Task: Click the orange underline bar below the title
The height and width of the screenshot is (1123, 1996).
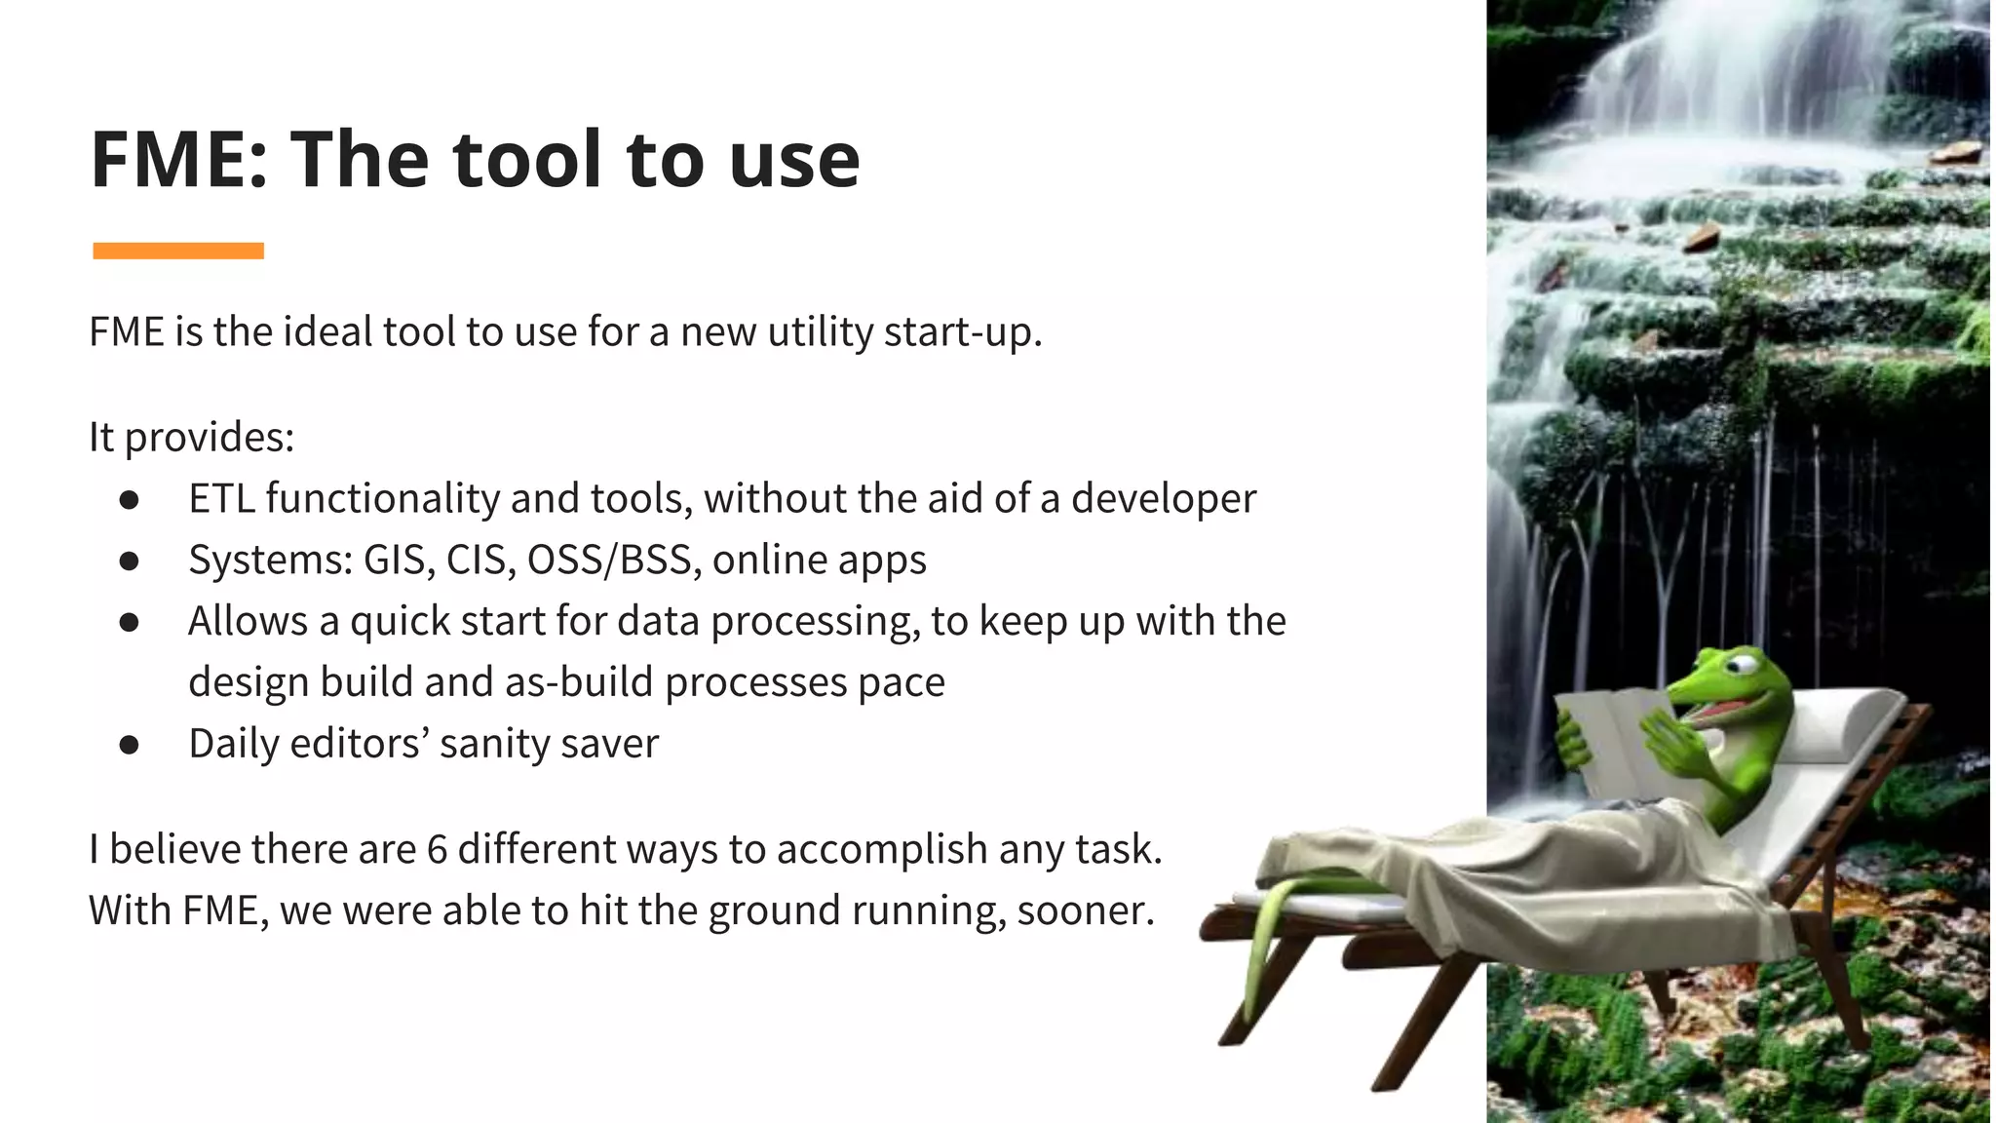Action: pyautogui.click(x=178, y=252)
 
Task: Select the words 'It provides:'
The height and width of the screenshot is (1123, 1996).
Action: pyautogui.click(x=191, y=437)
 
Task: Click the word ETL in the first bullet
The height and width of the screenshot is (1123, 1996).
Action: pyautogui.click(x=221, y=499)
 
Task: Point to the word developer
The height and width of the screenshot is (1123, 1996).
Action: pyautogui.click(x=1164, y=499)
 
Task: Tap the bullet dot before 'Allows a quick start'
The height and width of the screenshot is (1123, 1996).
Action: pyautogui.click(x=129, y=623)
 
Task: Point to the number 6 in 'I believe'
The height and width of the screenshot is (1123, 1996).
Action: pyautogui.click(x=437, y=849)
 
